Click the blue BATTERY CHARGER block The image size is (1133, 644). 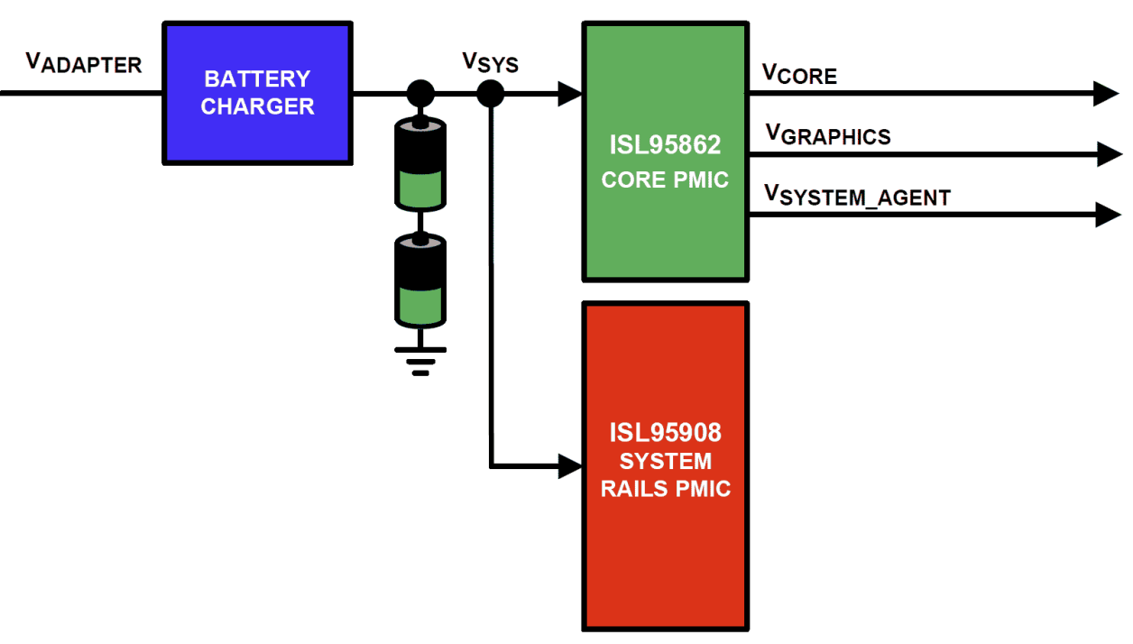[257, 93]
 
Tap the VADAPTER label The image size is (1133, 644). [83, 63]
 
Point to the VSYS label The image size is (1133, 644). [490, 62]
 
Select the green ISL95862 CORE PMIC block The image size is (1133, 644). [665, 152]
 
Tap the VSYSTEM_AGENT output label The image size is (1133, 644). [857, 195]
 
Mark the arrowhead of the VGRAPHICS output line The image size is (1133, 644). [1110, 153]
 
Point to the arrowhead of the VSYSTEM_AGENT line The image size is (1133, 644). [1109, 215]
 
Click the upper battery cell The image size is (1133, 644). [420, 163]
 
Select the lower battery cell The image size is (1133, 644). [420, 280]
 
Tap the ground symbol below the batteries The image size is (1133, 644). [420, 358]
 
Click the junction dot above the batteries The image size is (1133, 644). [420, 93]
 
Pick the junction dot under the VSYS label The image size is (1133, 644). [490, 93]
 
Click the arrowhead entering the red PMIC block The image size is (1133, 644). [570, 465]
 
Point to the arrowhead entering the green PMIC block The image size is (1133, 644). [570, 93]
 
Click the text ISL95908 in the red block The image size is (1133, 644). [665, 433]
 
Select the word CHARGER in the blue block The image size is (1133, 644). [257, 106]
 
